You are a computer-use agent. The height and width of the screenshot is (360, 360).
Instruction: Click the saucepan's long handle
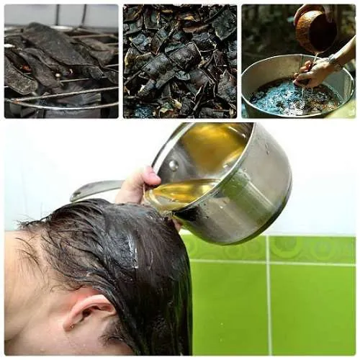(97, 189)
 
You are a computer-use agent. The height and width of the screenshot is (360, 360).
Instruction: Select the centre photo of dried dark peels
(179, 61)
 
